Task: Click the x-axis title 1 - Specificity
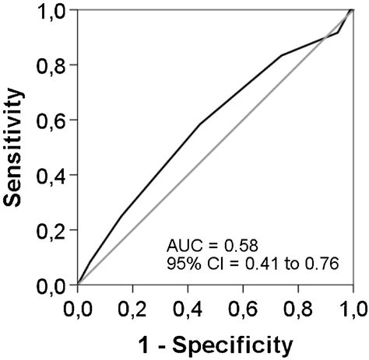pos(216,343)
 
